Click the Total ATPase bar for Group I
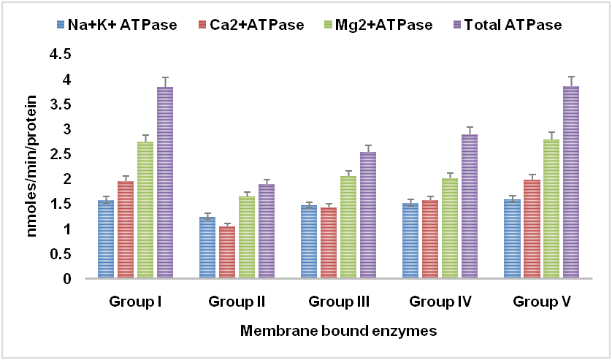165,183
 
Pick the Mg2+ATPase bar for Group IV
449,228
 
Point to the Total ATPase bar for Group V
570,182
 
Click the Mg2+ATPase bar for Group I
145,210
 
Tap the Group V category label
540,301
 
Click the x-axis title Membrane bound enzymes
338,332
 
